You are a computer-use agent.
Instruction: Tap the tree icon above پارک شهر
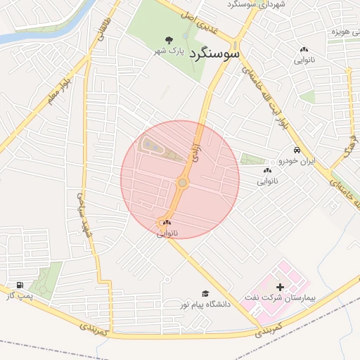click(x=168, y=40)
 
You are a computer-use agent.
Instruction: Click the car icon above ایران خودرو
click(x=297, y=150)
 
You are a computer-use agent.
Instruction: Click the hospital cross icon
click(x=281, y=287)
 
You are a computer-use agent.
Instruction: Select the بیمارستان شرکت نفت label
click(x=280, y=298)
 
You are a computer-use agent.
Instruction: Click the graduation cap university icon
click(x=205, y=294)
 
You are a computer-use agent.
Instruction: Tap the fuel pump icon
click(x=19, y=285)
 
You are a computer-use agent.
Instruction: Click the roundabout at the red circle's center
click(x=182, y=184)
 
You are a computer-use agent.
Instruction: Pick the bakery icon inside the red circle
click(x=167, y=222)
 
